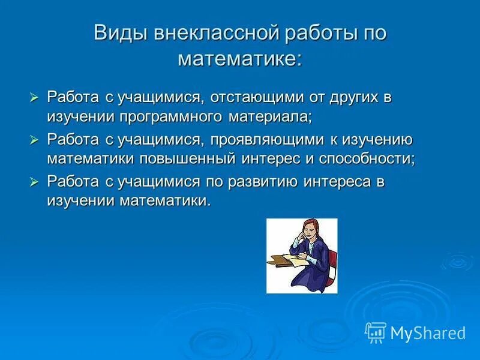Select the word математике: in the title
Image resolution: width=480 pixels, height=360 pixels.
point(240,59)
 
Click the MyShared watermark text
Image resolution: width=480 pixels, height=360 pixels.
point(428,332)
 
